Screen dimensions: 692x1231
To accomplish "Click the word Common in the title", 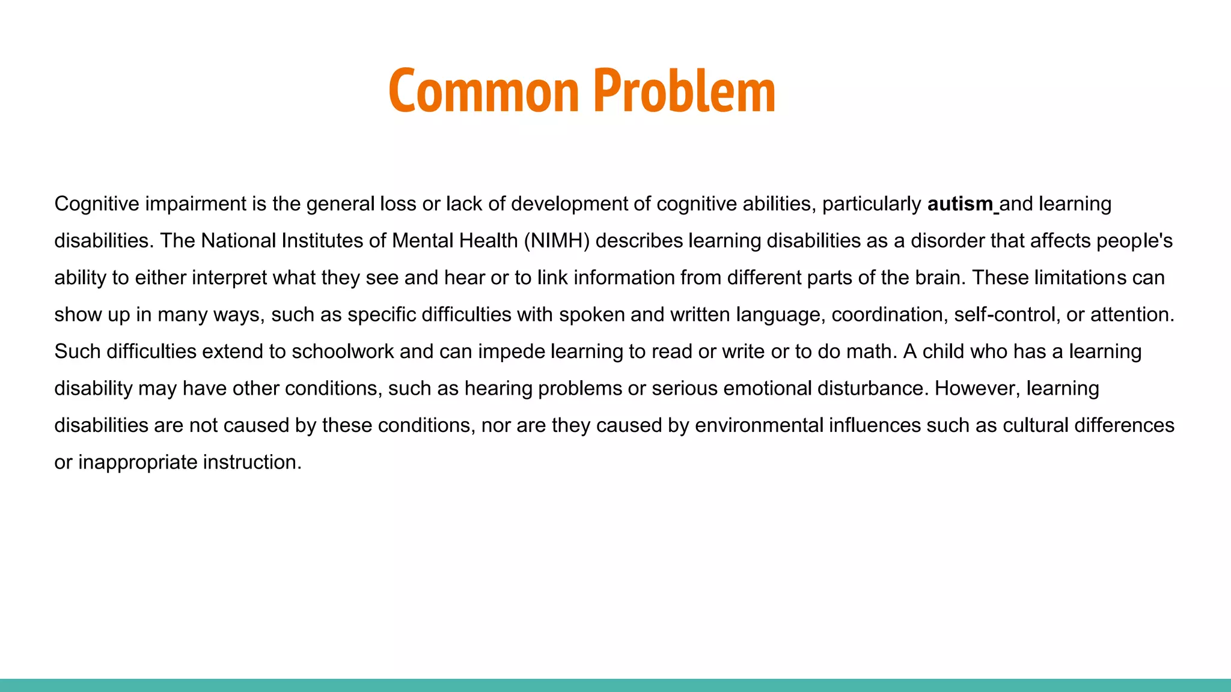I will [483, 91].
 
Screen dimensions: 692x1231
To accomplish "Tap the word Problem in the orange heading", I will [685, 91].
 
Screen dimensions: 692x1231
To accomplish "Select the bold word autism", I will [960, 204].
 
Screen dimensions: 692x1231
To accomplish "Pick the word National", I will [238, 241].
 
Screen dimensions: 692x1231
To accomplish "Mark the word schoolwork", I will [343, 351].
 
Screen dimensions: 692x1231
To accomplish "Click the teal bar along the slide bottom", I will [615, 685].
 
